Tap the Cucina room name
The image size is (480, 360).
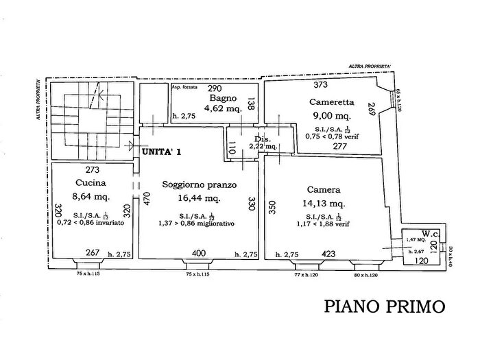click(x=90, y=183)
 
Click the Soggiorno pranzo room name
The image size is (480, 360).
click(x=200, y=184)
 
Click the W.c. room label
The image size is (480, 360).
click(x=430, y=232)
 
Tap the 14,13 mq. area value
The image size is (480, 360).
click(x=330, y=204)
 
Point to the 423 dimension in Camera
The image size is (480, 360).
click(x=328, y=254)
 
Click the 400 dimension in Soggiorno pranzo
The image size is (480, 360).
click(x=198, y=254)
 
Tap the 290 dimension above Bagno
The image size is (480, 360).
click(x=215, y=88)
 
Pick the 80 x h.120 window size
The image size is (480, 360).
click(x=366, y=275)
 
